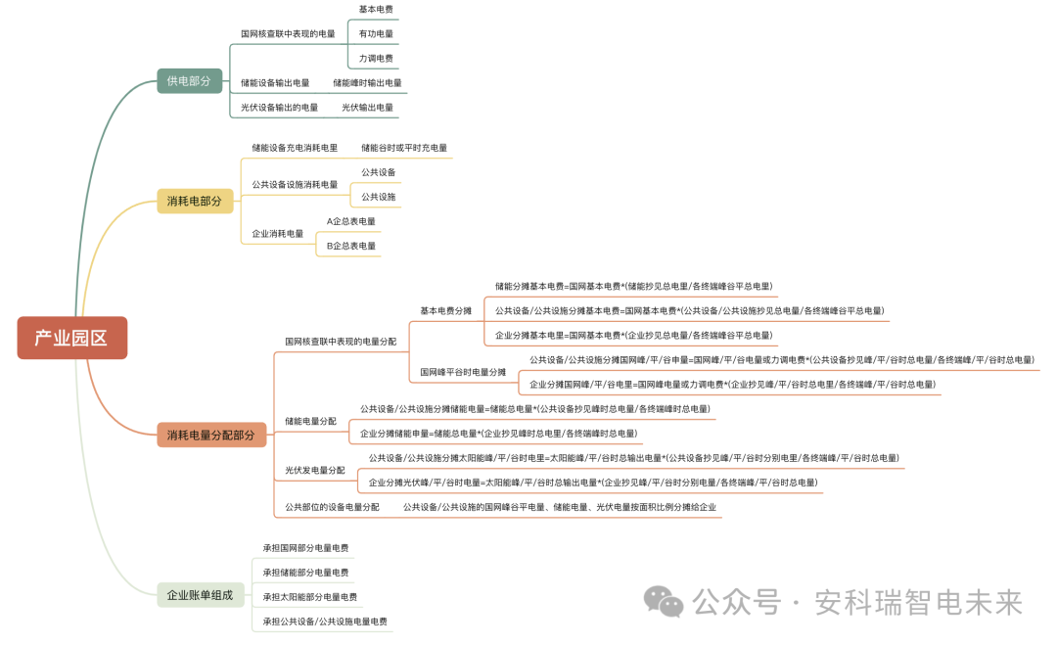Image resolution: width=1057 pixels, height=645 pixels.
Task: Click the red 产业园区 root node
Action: pyautogui.click(x=71, y=339)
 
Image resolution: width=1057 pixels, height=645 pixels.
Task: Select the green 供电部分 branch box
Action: pyautogui.click(x=189, y=81)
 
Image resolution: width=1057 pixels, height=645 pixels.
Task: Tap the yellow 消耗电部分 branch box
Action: pyautogui.click(x=195, y=202)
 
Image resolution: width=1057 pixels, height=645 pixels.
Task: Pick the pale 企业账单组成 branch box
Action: pyautogui.click(x=200, y=594)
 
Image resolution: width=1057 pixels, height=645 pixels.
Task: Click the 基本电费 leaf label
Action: pyautogui.click(x=376, y=9)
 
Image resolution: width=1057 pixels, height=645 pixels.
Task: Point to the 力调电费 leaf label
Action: pyautogui.click(x=376, y=59)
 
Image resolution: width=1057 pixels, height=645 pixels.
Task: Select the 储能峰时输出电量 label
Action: pyautogui.click(x=367, y=83)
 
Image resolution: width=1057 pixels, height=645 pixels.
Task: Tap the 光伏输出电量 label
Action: pyautogui.click(x=367, y=108)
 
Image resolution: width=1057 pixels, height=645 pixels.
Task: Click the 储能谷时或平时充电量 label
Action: pyautogui.click(x=403, y=148)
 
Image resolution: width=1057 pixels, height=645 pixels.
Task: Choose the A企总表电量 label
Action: pyautogui.click(x=351, y=221)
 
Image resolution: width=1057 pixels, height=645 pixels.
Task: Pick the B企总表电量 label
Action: pyautogui.click(x=351, y=246)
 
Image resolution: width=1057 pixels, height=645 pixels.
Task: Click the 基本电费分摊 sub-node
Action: pyautogui.click(x=445, y=311)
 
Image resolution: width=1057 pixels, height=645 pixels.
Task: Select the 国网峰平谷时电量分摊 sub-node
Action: pyautogui.click(x=463, y=372)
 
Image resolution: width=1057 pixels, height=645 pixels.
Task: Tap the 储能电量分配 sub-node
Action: pyautogui.click(x=309, y=421)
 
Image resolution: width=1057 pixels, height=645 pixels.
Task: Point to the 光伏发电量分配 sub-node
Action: pyautogui.click(x=314, y=471)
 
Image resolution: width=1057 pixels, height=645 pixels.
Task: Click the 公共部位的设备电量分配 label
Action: pyautogui.click(x=332, y=507)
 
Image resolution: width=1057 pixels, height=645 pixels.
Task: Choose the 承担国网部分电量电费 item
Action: pyautogui.click(x=305, y=548)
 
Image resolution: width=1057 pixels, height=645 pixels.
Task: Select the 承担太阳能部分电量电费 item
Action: pyautogui.click(x=309, y=597)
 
